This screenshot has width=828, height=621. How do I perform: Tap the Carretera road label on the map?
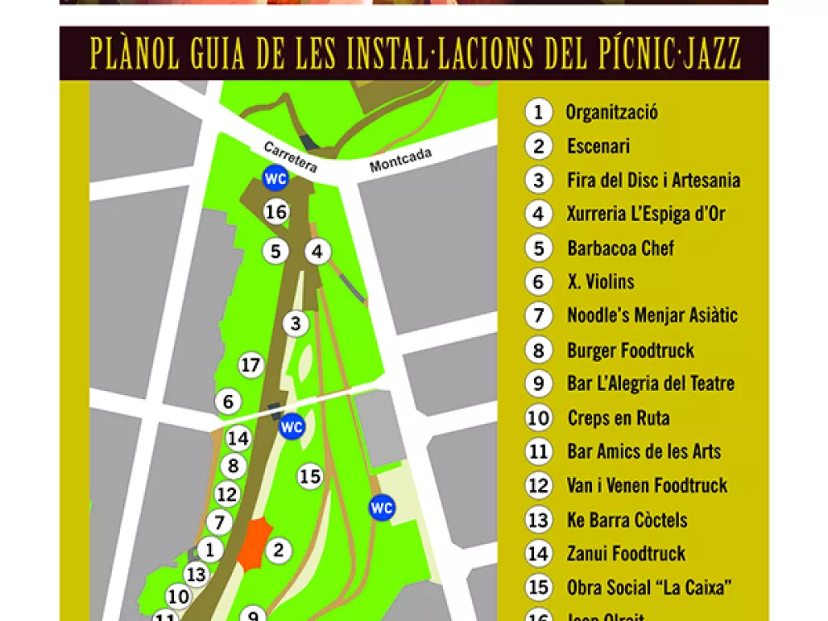(291, 156)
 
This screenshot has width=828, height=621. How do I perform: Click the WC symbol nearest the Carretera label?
(275, 178)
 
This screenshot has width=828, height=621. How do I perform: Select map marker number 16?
(276, 212)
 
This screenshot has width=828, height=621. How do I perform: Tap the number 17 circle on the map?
(250, 364)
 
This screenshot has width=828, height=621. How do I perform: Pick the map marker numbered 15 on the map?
(310, 476)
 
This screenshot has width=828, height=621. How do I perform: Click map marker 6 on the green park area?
(228, 402)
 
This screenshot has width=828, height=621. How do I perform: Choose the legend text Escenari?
(598, 147)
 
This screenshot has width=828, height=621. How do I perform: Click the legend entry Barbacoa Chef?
(620, 248)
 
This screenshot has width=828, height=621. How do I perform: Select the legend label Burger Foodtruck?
(630, 350)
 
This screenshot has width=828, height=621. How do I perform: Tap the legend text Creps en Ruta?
(618, 418)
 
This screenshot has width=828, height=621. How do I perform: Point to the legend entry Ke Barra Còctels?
(627, 520)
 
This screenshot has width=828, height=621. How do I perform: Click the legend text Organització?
(611, 112)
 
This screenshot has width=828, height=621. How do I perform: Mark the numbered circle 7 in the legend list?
(538, 315)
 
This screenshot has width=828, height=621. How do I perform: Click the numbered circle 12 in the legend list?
(538, 485)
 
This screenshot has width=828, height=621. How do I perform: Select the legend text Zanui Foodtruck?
(626, 553)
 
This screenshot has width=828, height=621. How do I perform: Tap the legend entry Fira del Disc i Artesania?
(653, 180)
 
